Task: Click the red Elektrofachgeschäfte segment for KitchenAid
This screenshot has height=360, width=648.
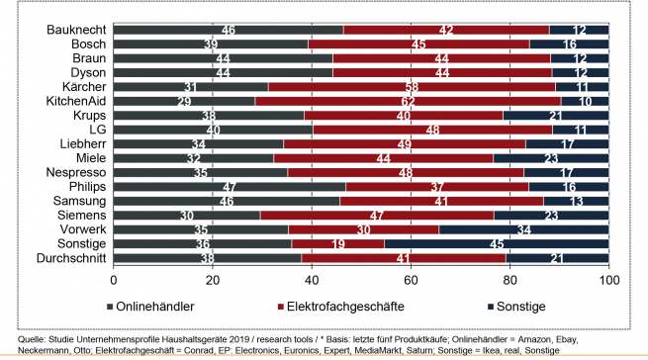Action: pyautogui.click(x=435, y=101)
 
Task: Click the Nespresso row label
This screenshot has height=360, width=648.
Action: pyautogui.click(x=67, y=172)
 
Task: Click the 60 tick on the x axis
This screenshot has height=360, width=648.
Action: pyautogui.click(x=411, y=280)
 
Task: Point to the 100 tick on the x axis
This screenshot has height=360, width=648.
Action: pyautogui.click(x=608, y=280)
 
